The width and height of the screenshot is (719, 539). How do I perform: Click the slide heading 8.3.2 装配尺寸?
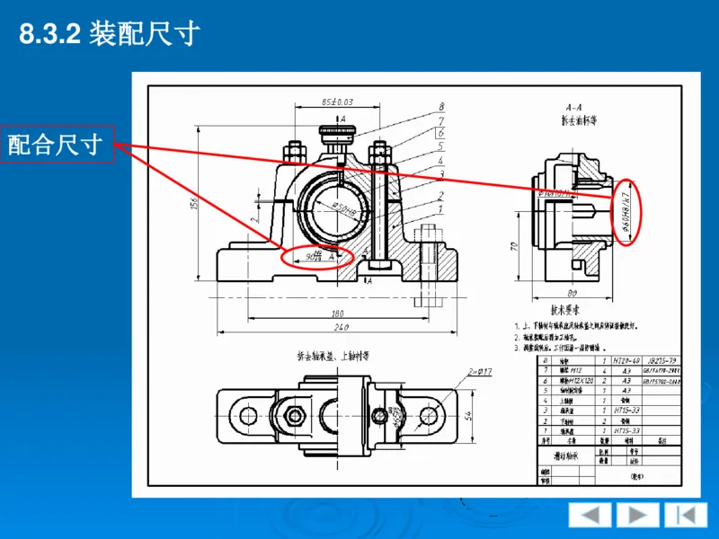(x=109, y=34)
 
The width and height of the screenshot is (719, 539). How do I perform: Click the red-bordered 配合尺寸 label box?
(x=56, y=144)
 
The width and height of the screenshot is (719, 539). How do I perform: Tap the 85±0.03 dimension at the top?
(x=337, y=102)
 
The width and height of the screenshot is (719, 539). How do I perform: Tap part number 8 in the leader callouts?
(x=441, y=107)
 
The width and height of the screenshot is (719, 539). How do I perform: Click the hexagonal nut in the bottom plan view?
(x=296, y=415)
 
